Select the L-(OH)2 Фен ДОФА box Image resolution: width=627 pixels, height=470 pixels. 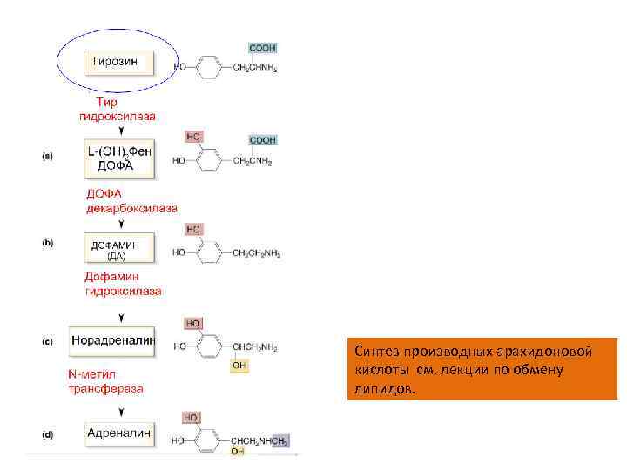119,158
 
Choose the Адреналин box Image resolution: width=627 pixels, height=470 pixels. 118,433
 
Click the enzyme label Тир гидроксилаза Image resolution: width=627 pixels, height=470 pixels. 118,108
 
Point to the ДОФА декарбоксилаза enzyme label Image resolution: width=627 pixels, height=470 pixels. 131,201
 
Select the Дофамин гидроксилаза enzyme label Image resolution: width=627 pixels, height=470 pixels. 123,284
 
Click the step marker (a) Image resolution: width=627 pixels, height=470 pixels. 49,156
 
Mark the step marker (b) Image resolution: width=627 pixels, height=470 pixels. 49,243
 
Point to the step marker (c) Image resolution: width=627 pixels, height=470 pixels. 49,341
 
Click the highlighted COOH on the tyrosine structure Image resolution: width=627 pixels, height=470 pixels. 263,49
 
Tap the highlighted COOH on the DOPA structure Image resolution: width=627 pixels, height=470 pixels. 263,139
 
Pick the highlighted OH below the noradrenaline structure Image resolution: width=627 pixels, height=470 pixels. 239,366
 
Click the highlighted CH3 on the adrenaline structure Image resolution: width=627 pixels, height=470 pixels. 280,441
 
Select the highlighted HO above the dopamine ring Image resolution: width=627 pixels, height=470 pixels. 194,229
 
